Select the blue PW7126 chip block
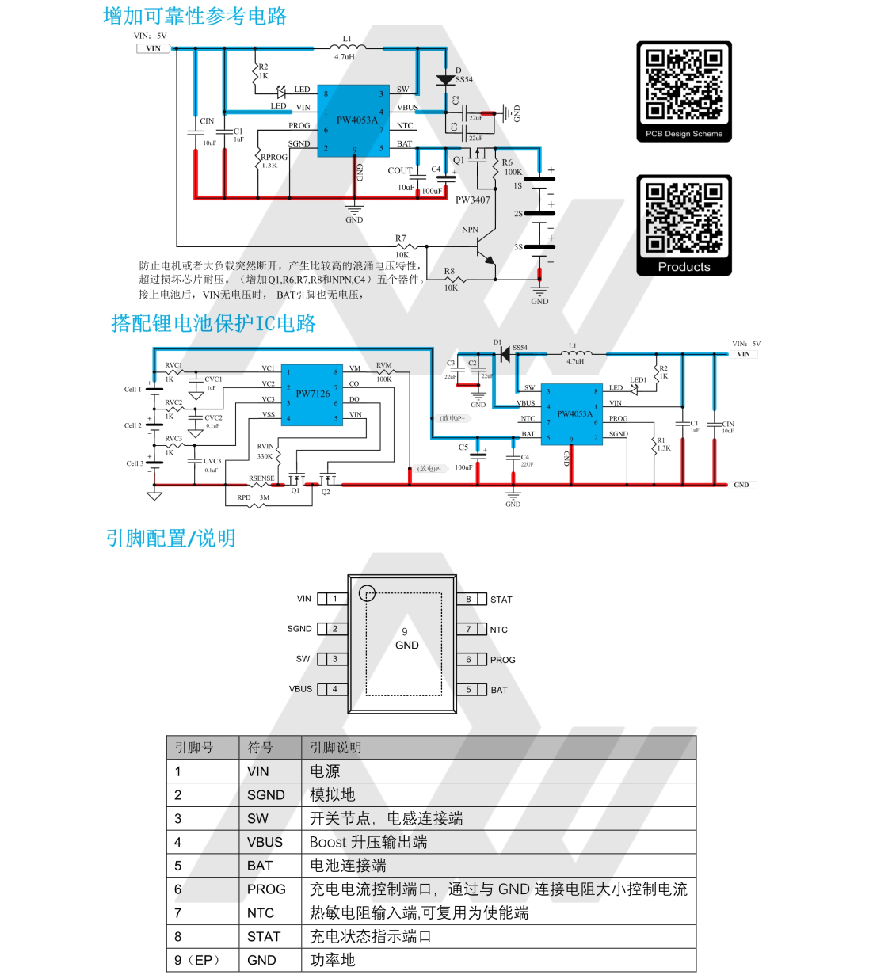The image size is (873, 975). (x=312, y=394)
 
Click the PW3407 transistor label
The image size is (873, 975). (x=472, y=200)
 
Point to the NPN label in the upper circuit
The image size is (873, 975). (x=470, y=230)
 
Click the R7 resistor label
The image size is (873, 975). (x=400, y=238)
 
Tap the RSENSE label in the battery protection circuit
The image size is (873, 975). (x=261, y=478)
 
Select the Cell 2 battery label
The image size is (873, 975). (x=132, y=425)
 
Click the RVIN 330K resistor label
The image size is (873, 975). (x=265, y=451)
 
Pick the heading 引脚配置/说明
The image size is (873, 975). (x=170, y=539)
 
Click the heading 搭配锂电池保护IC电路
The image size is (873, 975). (x=213, y=323)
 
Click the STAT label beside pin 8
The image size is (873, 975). (x=501, y=600)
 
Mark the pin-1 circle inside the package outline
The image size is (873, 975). (x=367, y=593)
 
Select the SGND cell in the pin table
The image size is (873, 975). (x=265, y=794)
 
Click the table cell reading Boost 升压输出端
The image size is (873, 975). (x=368, y=842)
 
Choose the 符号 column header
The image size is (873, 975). (x=260, y=747)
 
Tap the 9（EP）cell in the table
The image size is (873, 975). (x=196, y=960)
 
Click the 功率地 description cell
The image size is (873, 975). (x=332, y=960)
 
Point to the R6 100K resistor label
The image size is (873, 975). (x=512, y=167)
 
